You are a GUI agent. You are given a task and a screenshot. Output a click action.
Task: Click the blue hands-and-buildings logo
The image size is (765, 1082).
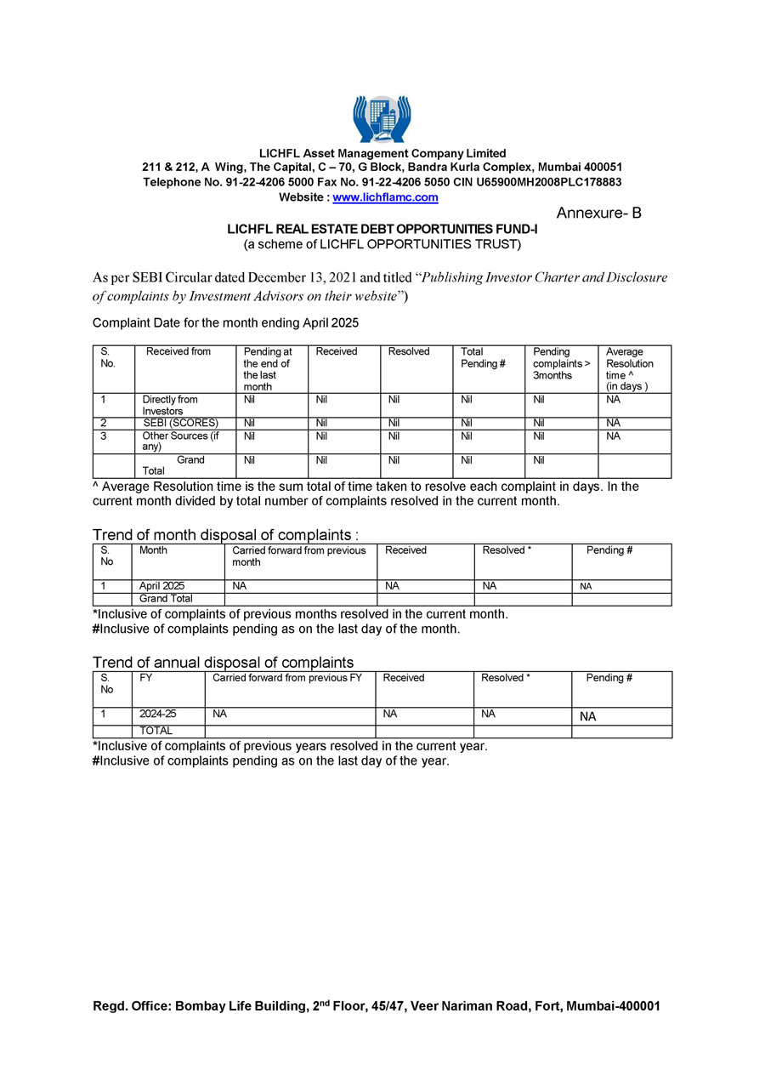click(x=382, y=118)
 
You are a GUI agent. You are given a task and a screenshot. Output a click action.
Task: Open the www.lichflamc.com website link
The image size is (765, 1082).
click(x=385, y=197)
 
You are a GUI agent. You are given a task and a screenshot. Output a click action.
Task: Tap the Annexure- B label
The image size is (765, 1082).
click(x=598, y=214)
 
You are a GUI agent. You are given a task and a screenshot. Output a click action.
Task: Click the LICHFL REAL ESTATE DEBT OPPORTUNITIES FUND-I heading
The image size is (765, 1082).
click(x=382, y=230)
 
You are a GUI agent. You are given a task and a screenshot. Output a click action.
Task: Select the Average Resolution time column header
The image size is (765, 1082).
click(x=630, y=368)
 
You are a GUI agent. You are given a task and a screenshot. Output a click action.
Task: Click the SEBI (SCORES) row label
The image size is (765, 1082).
click(x=181, y=423)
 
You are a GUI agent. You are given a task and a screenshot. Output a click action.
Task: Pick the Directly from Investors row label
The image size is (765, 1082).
click(x=170, y=405)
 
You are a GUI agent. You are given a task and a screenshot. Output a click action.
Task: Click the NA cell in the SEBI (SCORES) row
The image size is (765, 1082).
click(x=613, y=423)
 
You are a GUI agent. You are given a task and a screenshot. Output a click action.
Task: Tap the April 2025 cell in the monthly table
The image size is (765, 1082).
click(x=162, y=586)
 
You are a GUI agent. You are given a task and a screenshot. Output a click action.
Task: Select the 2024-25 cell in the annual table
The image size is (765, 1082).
click(x=158, y=715)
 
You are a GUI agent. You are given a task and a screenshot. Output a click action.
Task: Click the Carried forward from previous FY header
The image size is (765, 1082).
click(x=286, y=678)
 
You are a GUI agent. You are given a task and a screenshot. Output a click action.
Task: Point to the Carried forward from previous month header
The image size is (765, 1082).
click(x=298, y=556)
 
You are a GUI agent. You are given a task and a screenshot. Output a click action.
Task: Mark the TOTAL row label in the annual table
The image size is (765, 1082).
click(x=156, y=731)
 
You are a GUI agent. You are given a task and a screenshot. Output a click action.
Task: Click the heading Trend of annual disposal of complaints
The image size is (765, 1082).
click(x=223, y=663)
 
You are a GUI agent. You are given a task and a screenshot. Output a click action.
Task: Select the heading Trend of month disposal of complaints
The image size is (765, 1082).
click(x=225, y=535)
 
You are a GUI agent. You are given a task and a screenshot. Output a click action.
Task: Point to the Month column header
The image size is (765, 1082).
click(x=153, y=550)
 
